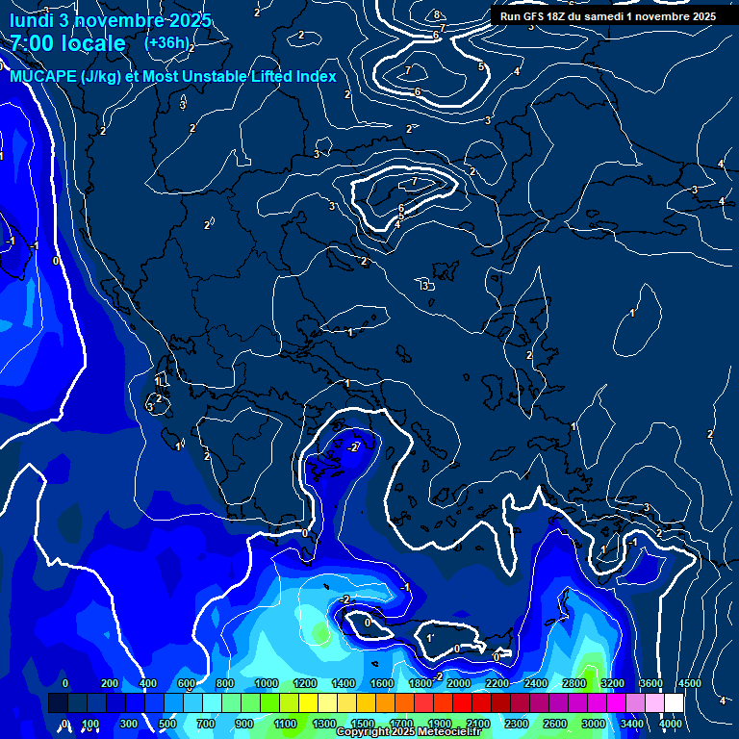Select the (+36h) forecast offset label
166,42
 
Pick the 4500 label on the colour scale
689,683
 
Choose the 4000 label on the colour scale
671,724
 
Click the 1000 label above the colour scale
267,683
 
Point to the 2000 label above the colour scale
459,683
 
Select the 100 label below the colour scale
90,724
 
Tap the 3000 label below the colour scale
594,724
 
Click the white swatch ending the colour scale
674,703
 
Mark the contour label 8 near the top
436,14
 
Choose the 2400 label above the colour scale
536,683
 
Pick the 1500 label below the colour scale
363,724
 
